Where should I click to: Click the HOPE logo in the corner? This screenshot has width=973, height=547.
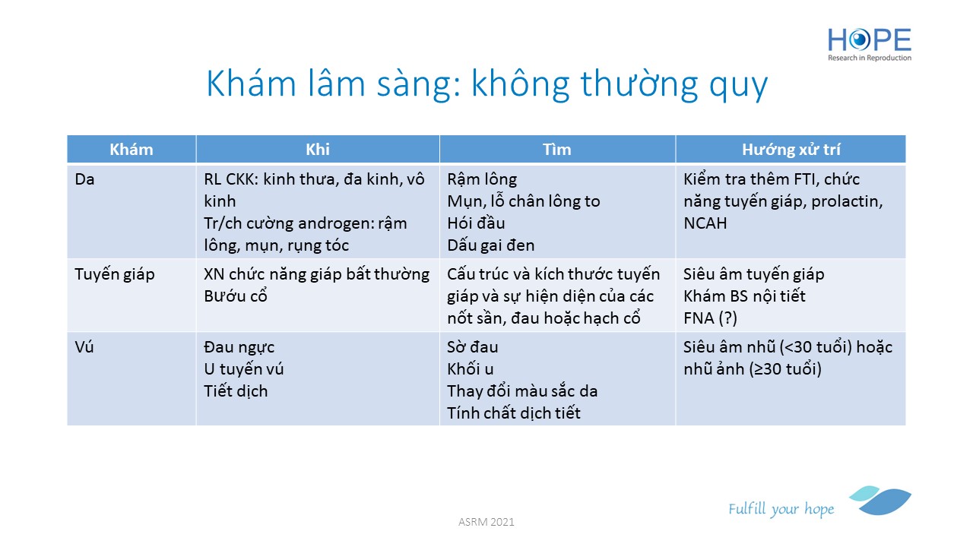(869, 44)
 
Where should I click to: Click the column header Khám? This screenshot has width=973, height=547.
(132, 150)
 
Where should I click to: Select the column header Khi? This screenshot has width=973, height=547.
(318, 150)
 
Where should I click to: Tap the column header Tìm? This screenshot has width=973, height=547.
(557, 150)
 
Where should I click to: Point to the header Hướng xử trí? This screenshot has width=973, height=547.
(791, 150)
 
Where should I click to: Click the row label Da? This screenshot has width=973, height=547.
(84, 179)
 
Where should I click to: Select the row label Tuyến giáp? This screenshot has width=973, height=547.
(115, 275)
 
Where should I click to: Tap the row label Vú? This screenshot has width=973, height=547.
(84, 347)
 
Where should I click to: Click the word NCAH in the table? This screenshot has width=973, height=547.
(705, 223)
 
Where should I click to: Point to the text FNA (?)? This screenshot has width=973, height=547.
(710, 318)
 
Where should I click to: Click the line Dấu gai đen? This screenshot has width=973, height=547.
(491, 245)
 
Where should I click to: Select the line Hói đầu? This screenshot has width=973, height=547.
(476, 223)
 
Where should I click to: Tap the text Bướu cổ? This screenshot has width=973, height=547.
(236, 296)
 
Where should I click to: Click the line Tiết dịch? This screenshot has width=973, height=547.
(236, 391)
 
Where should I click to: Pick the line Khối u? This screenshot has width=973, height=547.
(471, 369)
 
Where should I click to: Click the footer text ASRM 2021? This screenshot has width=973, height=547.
(486, 522)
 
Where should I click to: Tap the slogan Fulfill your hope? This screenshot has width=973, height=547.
(781, 509)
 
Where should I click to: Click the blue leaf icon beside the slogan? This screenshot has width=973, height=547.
(880, 500)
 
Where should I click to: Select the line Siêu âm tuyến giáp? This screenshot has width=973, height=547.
(753, 275)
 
